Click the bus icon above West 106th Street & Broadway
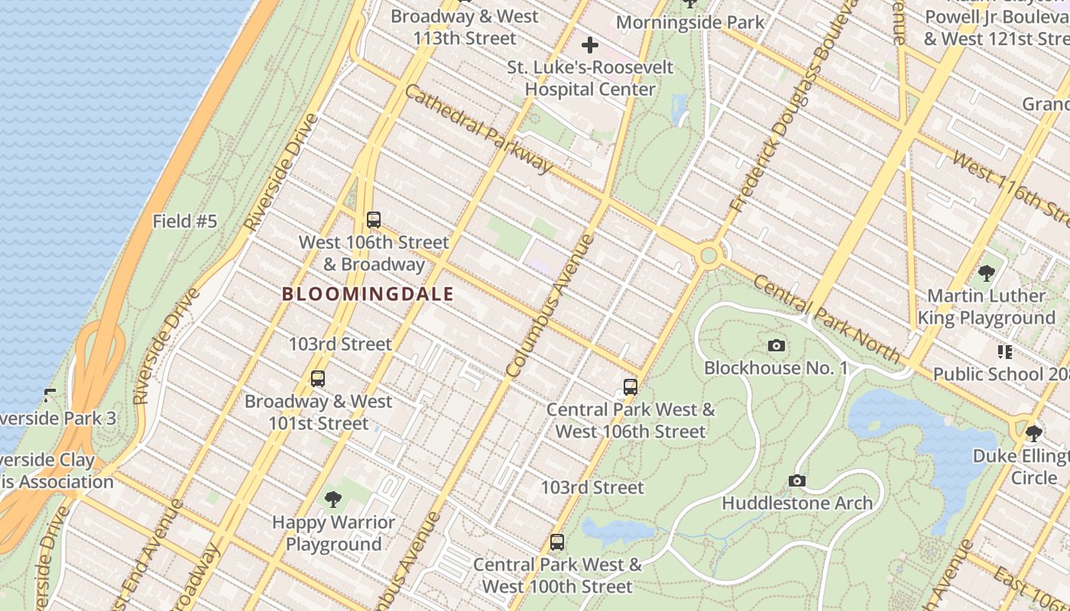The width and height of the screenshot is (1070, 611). pyautogui.click(x=374, y=220)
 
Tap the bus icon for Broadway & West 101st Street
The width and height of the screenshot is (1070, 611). pyautogui.click(x=318, y=378)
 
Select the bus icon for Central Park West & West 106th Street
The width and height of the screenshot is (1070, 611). pyautogui.click(x=631, y=386)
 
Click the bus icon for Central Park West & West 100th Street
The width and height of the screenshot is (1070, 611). pyautogui.click(x=557, y=542)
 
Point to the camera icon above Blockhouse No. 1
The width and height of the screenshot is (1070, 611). pyautogui.click(x=777, y=346)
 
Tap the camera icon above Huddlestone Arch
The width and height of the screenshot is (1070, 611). pyautogui.click(x=797, y=480)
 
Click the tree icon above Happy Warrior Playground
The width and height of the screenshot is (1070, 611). pyautogui.click(x=333, y=500)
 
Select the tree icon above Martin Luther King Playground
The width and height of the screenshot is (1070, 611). pyautogui.click(x=987, y=273)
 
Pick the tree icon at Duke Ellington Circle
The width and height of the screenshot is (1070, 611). pyautogui.click(x=1034, y=433)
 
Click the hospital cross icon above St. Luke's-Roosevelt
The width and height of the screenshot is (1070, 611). pyautogui.click(x=590, y=45)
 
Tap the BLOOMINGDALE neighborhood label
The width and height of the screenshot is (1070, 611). pyautogui.click(x=368, y=294)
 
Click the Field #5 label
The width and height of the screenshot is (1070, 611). pyautogui.click(x=185, y=221)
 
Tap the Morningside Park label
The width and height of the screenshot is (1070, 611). pyautogui.click(x=690, y=22)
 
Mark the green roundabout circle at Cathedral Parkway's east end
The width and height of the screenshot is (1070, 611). pyautogui.click(x=709, y=255)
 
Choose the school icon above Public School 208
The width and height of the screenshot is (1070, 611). pyautogui.click(x=1005, y=352)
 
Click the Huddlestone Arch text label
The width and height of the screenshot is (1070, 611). pyautogui.click(x=797, y=503)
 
